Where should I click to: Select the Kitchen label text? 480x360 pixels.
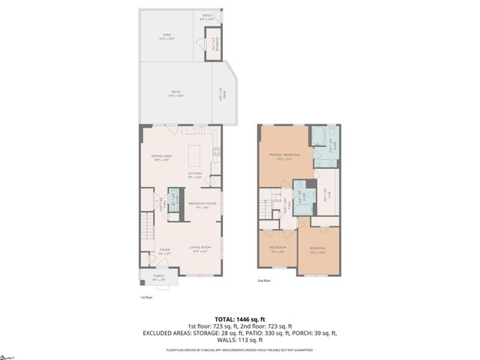click(195, 174)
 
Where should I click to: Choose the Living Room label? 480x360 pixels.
click(199, 247)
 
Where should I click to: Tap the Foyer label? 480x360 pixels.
click(164, 250)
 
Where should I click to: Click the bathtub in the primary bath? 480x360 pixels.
click(319, 137)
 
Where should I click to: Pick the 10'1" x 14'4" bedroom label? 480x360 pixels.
click(318, 249)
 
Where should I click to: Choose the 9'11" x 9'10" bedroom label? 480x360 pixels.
click(277, 248)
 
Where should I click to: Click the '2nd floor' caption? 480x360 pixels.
click(263, 281)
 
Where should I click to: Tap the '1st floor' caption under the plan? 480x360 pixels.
click(145, 297)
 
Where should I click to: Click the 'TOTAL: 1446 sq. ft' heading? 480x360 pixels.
click(239, 319)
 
